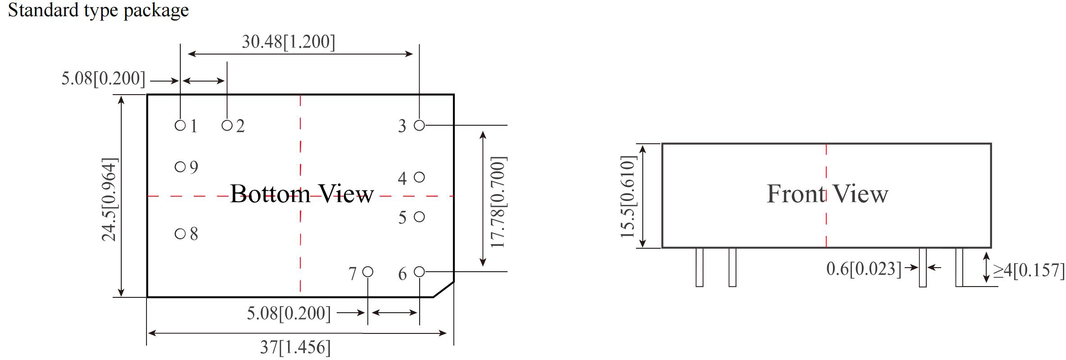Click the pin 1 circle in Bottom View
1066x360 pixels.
[x=180, y=125]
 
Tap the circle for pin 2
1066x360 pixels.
[x=227, y=125]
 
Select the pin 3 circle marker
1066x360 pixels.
[x=419, y=125]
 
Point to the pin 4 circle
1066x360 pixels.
[x=419, y=177]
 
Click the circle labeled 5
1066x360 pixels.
[x=419, y=217]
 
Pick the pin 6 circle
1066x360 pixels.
[x=419, y=272]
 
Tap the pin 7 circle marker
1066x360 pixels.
[x=368, y=272]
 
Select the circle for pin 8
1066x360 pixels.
[x=180, y=233]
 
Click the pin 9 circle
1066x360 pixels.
[x=180, y=167]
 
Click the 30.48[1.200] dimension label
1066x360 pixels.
[x=288, y=41]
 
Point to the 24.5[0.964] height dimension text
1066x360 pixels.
[x=110, y=199]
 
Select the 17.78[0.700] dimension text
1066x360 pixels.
[x=499, y=202]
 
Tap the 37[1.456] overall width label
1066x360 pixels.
[x=295, y=347]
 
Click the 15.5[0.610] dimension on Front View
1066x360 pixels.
[x=628, y=196]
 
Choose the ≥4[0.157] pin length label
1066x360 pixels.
[x=1029, y=270]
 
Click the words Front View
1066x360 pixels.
[x=828, y=194]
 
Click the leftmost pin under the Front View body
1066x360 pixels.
[x=700, y=267]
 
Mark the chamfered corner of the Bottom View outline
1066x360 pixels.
[x=444, y=289]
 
